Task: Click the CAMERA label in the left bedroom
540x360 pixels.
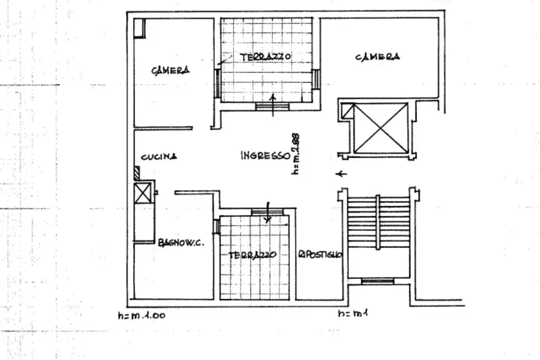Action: pos(170,70)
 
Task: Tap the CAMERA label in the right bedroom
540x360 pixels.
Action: pos(377,57)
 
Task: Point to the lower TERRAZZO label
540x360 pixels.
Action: pos(252,255)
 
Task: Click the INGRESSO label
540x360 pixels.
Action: pos(265,155)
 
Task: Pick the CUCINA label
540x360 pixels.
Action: pos(159,157)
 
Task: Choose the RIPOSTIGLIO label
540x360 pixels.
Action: pos(320,254)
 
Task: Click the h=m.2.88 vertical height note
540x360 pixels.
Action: pos(295,153)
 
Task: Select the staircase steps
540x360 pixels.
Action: pos(377,222)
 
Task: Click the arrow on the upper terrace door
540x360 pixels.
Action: pos(274,103)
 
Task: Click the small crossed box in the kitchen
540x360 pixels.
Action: pos(143,193)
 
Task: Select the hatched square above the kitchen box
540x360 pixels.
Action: pos(138,174)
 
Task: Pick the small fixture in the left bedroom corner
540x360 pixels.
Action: pos(140,28)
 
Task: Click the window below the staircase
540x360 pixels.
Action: pos(377,281)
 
